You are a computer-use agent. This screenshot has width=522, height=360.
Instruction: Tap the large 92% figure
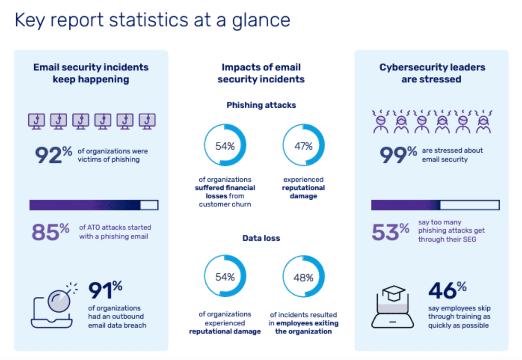pyautogui.click(x=53, y=155)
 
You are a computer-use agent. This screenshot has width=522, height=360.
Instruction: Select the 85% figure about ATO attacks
pyautogui.click(x=51, y=231)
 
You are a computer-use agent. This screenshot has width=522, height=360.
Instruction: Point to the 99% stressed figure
pyautogui.click(x=398, y=154)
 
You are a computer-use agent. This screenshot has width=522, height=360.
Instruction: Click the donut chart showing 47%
pyautogui.click(x=303, y=145)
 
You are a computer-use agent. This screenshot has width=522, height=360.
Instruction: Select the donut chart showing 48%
pyautogui.click(x=303, y=278)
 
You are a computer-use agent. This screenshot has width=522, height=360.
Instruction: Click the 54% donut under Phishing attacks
pyautogui.click(x=225, y=145)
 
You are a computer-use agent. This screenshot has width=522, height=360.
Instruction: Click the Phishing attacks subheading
pyautogui.click(x=261, y=105)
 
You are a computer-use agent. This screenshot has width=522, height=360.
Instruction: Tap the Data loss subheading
pyautogui.click(x=261, y=238)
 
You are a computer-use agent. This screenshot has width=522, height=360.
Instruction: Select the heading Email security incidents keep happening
pyautogui.click(x=91, y=73)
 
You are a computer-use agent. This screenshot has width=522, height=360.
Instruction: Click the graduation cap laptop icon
pyautogui.click(x=393, y=307)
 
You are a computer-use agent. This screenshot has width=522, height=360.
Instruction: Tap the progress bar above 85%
pyautogui.click(x=94, y=205)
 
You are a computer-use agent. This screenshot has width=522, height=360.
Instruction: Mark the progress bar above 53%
pyautogui.click(x=435, y=205)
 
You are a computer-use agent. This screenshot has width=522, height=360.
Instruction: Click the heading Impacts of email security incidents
pyautogui.click(x=261, y=73)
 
